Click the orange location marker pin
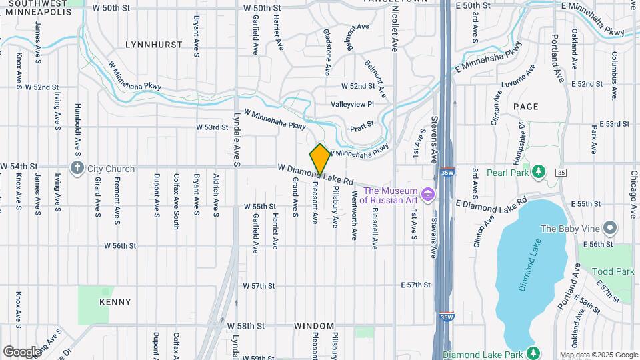320,159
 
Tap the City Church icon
78,169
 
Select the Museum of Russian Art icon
428,195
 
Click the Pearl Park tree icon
534,172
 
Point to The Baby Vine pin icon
609,229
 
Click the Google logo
22,352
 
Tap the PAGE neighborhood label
526,106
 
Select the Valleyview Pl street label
353,104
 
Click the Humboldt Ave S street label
78,126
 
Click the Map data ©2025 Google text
598,355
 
